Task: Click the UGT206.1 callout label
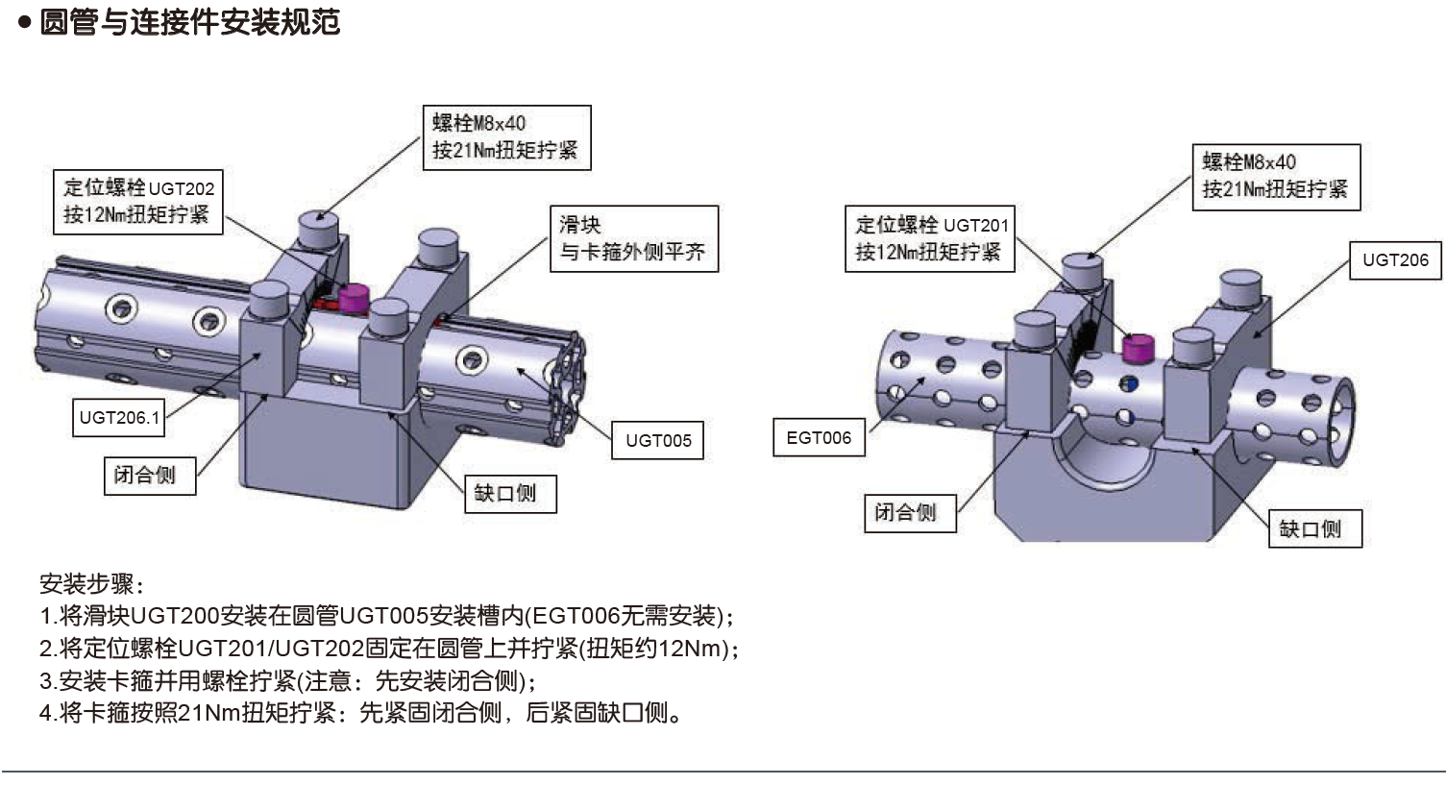(x=119, y=418)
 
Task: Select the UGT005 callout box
(x=658, y=440)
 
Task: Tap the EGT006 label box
(x=819, y=438)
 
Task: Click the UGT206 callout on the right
(x=1395, y=259)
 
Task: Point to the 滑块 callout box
(x=633, y=238)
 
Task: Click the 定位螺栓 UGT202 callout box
(x=137, y=202)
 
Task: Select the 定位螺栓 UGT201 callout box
(x=929, y=238)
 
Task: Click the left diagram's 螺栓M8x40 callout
(x=506, y=137)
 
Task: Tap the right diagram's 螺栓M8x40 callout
(x=1276, y=176)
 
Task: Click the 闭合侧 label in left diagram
(x=149, y=476)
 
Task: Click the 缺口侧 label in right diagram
(x=1313, y=528)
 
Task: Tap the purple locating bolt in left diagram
(x=353, y=299)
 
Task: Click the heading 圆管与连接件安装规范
(x=189, y=22)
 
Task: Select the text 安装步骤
(x=88, y=583)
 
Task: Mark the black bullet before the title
(x=25, y=22)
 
